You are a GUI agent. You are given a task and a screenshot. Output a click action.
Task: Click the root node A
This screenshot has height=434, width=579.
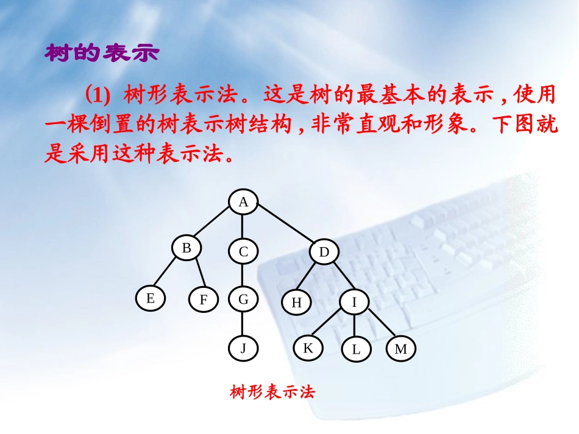[x=243, y=203]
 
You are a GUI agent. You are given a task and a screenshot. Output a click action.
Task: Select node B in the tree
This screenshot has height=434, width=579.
[x=186, y=248]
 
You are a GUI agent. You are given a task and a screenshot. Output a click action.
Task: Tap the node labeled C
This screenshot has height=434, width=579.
[x=243, y=252]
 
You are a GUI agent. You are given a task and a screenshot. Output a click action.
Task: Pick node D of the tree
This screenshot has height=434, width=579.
[x=324, y=252]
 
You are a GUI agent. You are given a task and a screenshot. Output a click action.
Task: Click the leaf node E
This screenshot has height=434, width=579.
[x=151, y=298]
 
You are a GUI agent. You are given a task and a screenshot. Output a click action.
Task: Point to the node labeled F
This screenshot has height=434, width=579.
[x=203, y=300]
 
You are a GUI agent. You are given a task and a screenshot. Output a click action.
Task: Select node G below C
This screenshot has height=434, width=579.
[x=243, y=299]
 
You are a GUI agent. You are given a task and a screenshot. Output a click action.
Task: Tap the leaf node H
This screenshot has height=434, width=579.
[x=297, y=303]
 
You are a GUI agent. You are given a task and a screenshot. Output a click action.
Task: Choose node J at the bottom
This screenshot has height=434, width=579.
[x=243, y=349]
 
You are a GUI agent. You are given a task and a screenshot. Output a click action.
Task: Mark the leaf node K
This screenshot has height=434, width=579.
[x=308, y=348]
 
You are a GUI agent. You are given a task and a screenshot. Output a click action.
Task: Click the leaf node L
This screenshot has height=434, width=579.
[x=356, y=349]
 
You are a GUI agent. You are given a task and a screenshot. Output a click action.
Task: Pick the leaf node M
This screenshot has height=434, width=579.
[x=400, y=349]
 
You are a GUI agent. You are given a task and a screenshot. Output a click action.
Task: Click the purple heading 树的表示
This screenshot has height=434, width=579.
[x=102, y=54]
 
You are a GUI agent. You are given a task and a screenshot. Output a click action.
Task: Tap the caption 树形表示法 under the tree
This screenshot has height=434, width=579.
[x=272, y=391]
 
